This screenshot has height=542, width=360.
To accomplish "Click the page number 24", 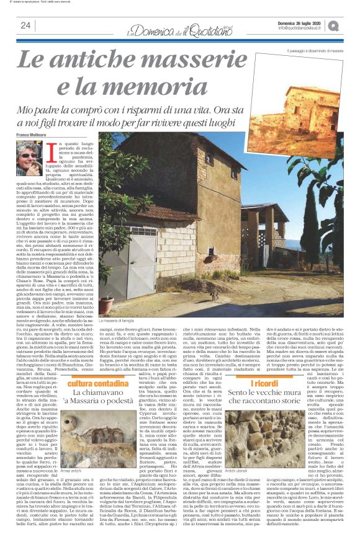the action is [x=25, y=25].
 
